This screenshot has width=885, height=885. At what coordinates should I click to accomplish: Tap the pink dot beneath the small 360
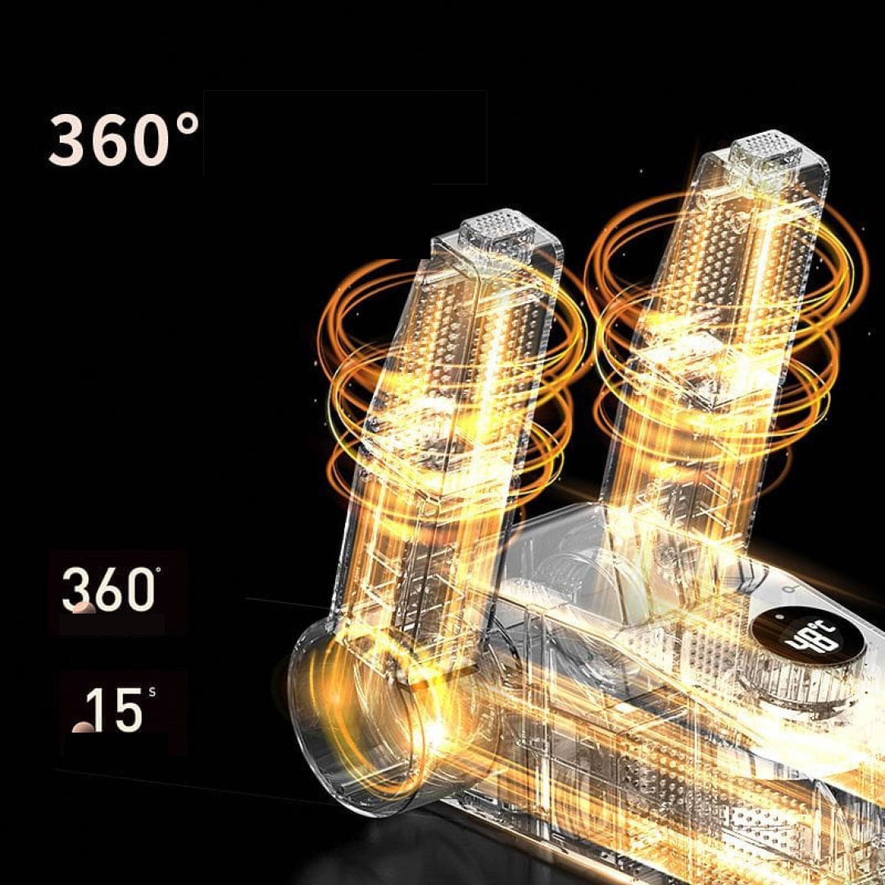pyautogui.click(x=84, y=608)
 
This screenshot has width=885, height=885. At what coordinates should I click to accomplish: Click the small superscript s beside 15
pyautogui.click(x=152, y=692)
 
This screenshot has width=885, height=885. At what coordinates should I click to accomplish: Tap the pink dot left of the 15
pyautogui.click(x=83, y=727)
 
